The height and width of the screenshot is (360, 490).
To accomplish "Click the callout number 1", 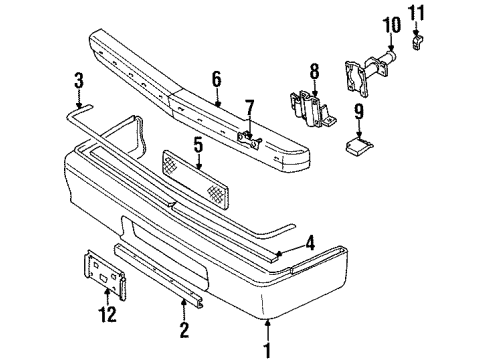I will [267, 349].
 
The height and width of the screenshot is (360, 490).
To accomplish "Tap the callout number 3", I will [80, 78].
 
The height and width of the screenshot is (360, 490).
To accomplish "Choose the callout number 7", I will [251, 106].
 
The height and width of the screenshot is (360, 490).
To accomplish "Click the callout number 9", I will [358, 113].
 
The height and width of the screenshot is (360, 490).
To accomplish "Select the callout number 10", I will [390, 24].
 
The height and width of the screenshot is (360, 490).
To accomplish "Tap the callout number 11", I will [419, 13].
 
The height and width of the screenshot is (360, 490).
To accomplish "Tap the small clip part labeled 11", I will [419, 42].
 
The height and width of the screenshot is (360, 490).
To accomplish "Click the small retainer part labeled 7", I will [247, 134].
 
